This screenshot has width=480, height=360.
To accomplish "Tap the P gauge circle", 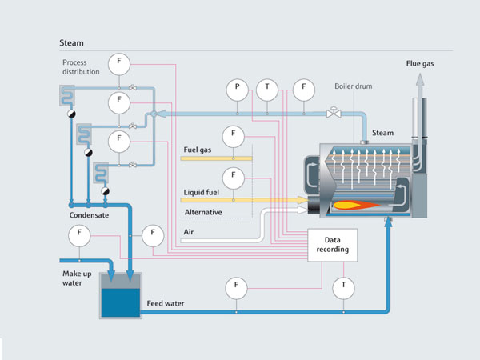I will pyautogui.click(x=237, y=90).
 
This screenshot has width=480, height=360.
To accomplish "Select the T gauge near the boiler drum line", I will pyautogui.click(x=266, y=90).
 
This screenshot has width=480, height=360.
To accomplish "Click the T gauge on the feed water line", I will pyautogui.click(x=344, y=285).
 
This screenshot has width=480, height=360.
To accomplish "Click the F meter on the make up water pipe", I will pyautogui.click(x=80, y=235).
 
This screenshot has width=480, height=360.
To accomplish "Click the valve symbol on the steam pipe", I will pyautogui.click(x=333, y=114).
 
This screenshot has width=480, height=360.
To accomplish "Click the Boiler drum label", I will pyautogui.click(x=354, y=86).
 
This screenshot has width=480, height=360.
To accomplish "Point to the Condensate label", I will pyautogui.click(x=89, y=215).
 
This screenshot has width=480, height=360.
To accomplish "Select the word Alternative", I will pyautogui.click(x=206, y=211).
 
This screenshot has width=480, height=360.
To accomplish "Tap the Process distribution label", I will pyautogui.click(x=80, y=66).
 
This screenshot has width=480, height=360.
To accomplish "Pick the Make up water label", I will pyautogui.click(x=78, y=278).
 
